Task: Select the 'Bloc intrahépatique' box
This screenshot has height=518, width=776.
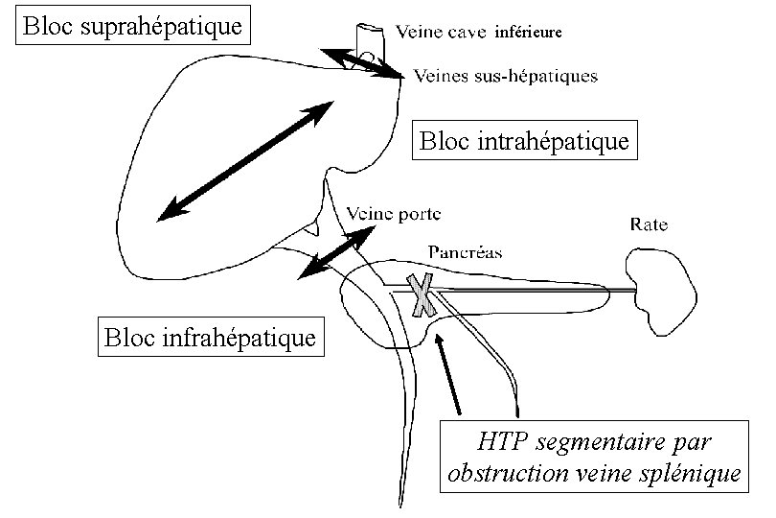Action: tap(525, 142)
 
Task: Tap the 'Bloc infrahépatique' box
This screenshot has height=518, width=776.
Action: tap(211, 338)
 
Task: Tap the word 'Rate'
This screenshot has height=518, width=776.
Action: tap(650, 225)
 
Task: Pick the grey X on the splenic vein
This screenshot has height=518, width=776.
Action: tap(422, 295)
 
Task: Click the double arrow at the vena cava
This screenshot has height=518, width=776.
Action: tap(362, 62)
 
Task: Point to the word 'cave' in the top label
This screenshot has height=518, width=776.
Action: tap(469, 32)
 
